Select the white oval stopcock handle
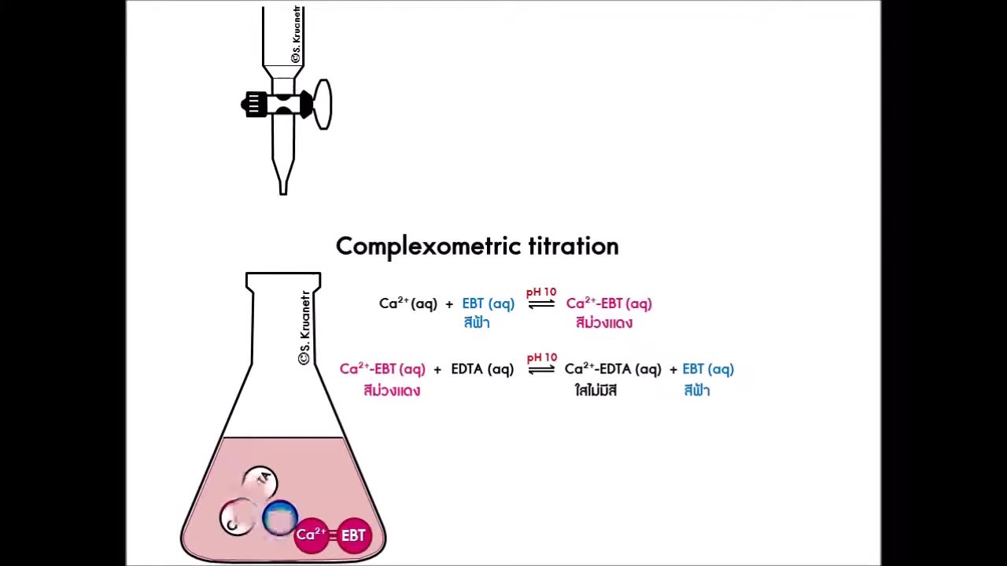coord(323,104)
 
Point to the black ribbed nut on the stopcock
coord(255,105)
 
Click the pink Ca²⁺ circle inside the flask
coord(312,535)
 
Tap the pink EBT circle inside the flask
coord(353,535)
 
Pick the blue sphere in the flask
coord(279,519)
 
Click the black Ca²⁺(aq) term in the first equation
coord(408,303)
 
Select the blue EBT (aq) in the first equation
coord(488,303)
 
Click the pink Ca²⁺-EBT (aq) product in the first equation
coord(609,303)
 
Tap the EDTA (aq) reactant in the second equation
coord(482,369)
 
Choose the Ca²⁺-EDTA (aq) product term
coord(613,369)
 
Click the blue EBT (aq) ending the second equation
coord(708,369)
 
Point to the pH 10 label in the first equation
coord(541,292)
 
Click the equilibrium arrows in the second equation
coord(541,369)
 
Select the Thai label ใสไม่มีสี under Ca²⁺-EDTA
coord(596,391)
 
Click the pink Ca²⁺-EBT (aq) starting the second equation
coord(382,369)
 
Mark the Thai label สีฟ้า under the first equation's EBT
coord(477,323)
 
